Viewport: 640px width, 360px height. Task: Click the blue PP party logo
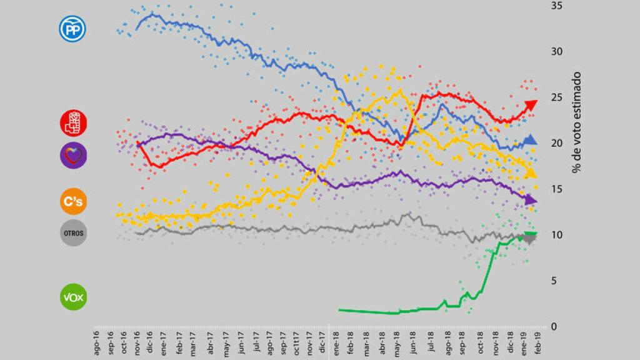(72, 29)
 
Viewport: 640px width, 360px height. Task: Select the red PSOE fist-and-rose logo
(73, 122)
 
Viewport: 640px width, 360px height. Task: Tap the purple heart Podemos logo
(73, 154)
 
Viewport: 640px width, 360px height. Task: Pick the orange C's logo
(73, 201)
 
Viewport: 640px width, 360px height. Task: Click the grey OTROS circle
(73, 232)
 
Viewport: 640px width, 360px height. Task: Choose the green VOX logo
(73, 297)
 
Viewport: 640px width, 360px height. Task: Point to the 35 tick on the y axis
(555, 6)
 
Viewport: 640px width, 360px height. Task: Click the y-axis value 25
(555, 97)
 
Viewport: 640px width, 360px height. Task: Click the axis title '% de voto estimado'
(576, 122)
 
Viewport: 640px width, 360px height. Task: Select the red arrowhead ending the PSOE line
(531, 104)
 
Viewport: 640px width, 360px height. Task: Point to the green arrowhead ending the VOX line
(531, 235)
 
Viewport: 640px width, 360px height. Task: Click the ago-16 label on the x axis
(97, 344)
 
